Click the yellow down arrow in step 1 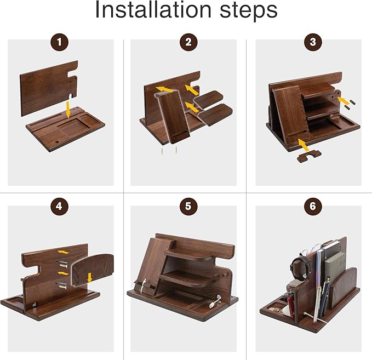[67, 107]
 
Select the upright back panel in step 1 [47, 88]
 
